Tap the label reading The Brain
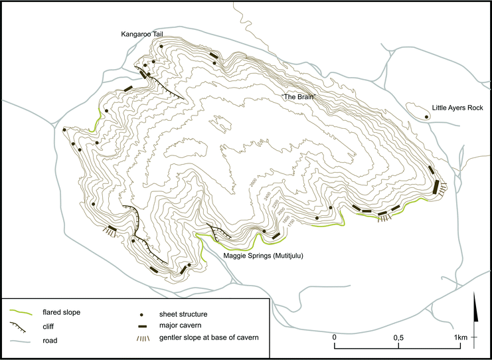click(x=298, y=97)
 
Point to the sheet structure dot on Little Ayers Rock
click(x=426, y=116)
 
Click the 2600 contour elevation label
click(x=253, y=183)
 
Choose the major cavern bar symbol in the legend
click(x=145, y=325)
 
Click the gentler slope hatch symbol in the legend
click(x=145, y=339)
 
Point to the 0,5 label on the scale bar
click(x=398, y=337)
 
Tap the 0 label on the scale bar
click(x=335, y=337)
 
